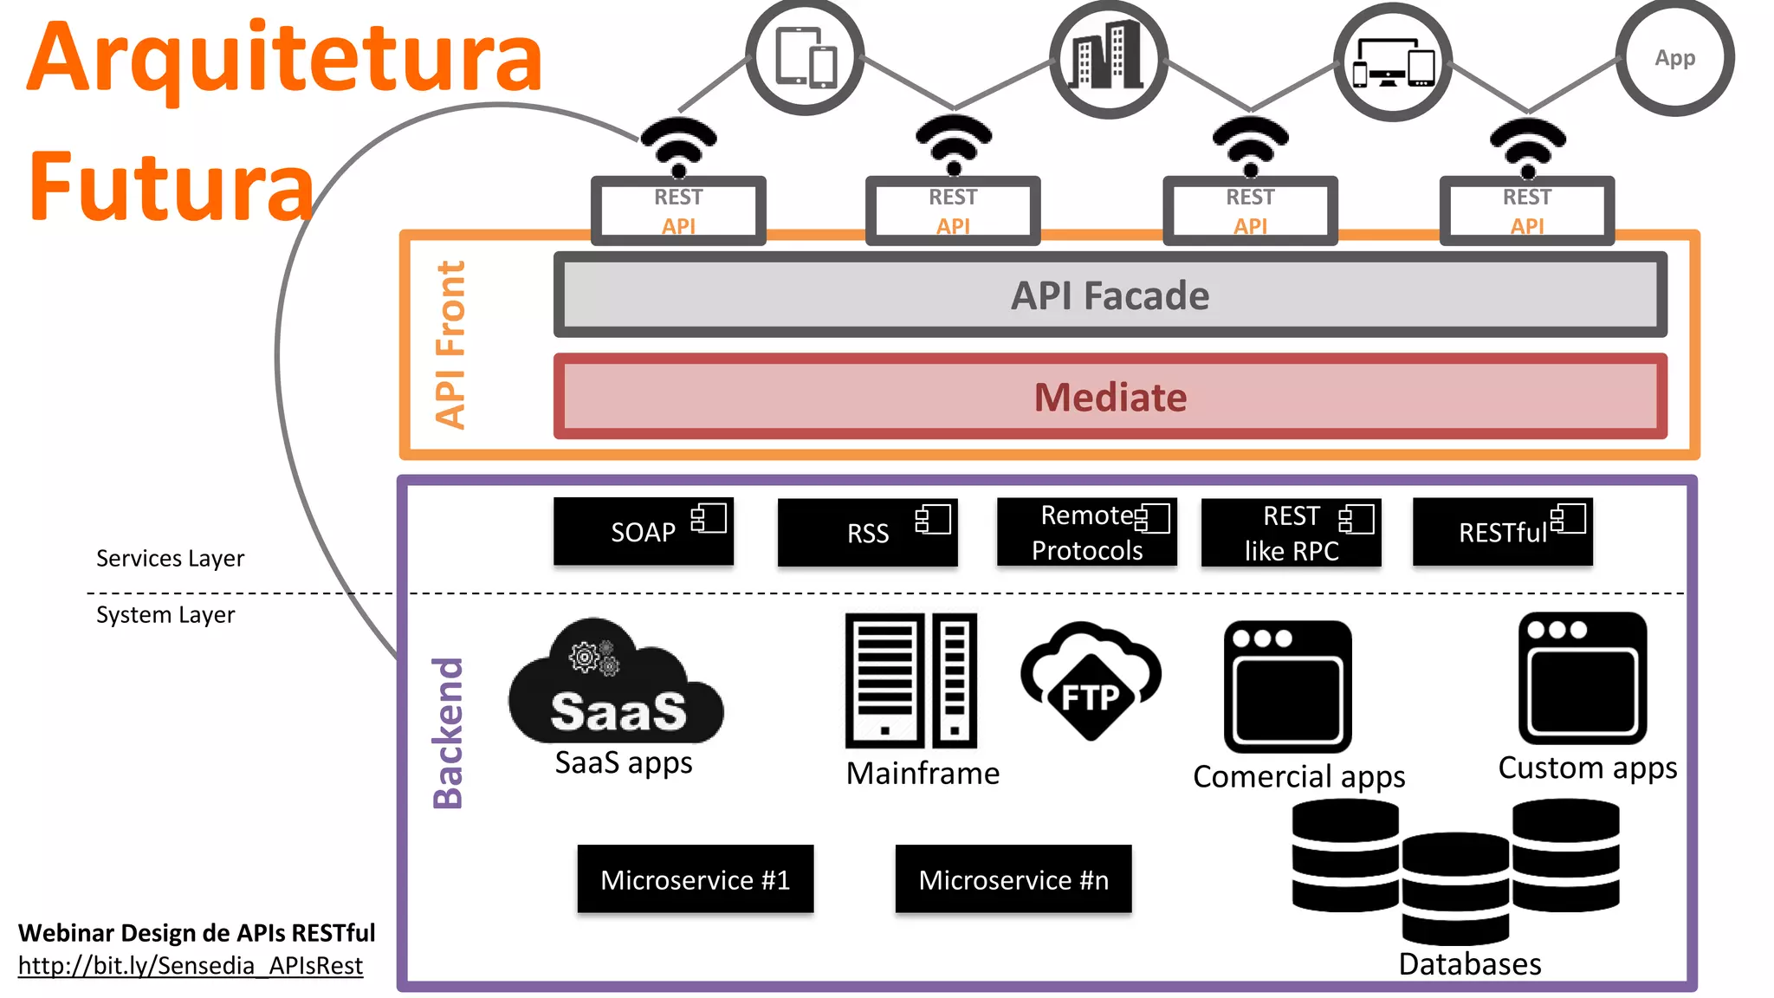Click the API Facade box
coord(1110,295)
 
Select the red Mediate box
coord(1110,397)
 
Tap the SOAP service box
coord(643,532)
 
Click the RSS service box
coord(867,533)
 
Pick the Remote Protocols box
coord(1086,533)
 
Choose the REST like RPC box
coord(1291,533)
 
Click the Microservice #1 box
coord(695,879)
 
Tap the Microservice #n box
coord(1013,879)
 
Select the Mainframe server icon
coord(910,681)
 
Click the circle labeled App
coord(1674,58)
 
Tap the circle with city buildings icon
coord(1108,59)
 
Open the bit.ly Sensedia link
coord(190,965)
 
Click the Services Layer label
coord(170,558)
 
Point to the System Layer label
coord(165,615)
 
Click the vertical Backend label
coord(448,733)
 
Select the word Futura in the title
coord(171,187)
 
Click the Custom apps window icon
coord(1582,679)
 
